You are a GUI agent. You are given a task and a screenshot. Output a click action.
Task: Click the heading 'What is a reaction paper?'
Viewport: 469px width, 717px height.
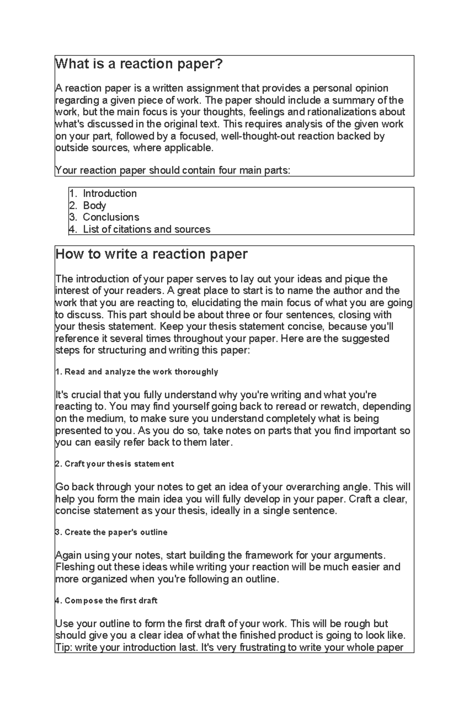coord(139,64)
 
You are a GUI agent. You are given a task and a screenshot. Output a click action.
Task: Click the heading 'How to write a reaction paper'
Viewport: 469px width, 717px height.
coord(152,254)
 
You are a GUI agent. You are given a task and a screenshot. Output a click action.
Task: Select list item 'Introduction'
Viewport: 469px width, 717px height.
coord(109,193)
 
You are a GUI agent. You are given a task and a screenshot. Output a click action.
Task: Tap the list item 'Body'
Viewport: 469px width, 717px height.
coord(94,206)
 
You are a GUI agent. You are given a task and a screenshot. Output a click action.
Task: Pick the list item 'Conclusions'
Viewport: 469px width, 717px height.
coord(111,217)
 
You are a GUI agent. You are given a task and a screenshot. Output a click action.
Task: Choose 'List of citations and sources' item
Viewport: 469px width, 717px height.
coord(147,229)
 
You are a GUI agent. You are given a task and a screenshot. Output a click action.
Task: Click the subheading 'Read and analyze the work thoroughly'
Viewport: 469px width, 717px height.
coord(137,372)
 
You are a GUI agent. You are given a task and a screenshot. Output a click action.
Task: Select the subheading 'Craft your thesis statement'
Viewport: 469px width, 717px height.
coord(115,464)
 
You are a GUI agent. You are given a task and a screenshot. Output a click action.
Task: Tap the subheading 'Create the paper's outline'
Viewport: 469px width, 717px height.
coord(112,532)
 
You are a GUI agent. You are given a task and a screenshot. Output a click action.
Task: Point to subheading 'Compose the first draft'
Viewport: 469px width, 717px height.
coord(107,601)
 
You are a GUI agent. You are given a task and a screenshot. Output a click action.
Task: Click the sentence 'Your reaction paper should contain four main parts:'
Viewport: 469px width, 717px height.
coord(173,170)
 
